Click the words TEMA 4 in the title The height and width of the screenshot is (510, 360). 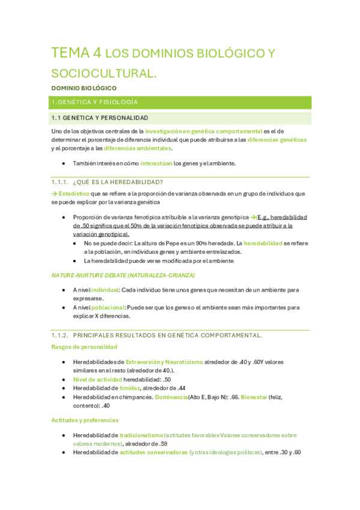coord(76,53)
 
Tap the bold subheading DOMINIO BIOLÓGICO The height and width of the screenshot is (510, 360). coord(84,88)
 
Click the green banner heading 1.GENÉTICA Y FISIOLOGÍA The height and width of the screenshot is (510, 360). coord(95,102)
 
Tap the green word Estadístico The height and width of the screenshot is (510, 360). coord(73,194)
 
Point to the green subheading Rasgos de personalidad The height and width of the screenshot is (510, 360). coord(84,347)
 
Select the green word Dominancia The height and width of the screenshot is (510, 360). coord(171,398)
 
